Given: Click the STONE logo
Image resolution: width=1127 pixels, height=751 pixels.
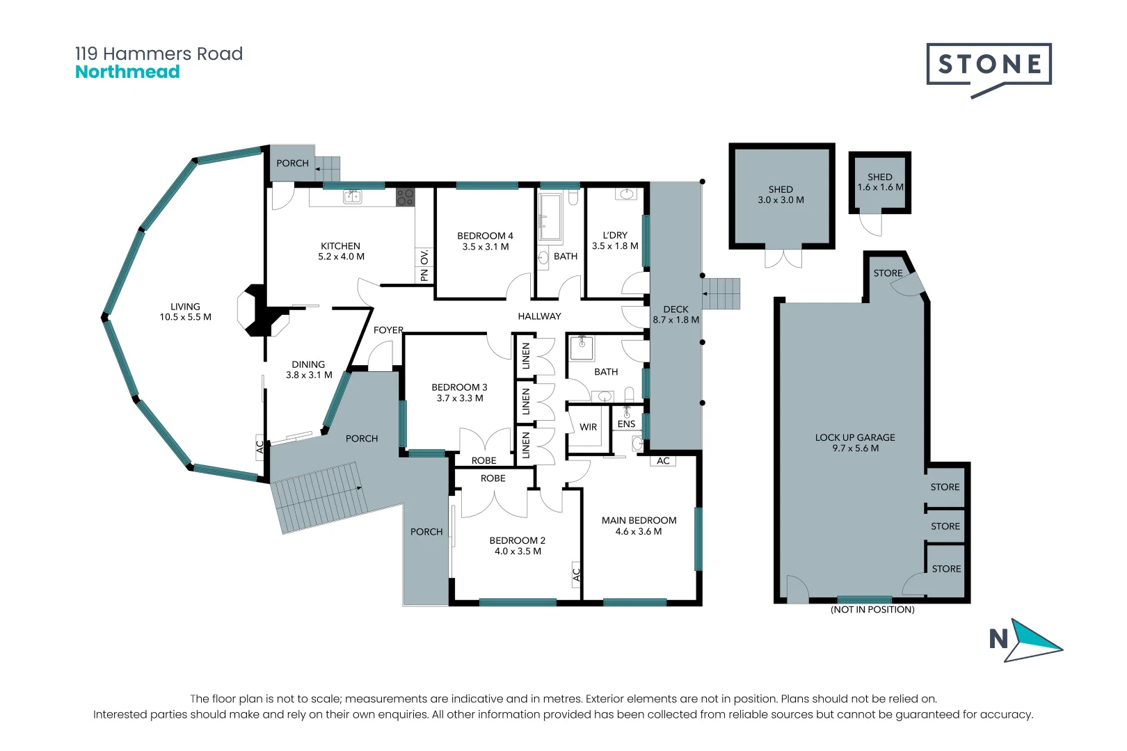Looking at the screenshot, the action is [989, 70].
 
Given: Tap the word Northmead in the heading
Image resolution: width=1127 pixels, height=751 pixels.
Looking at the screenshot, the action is [127, 72].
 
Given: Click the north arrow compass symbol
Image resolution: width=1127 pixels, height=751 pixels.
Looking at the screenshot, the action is [1026, 640].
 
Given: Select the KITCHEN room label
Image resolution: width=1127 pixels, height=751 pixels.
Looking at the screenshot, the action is [341, 246].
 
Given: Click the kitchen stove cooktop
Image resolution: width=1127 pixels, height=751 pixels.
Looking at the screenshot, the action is [405, 197].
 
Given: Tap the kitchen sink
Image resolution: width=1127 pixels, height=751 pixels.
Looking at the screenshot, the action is [352, 196].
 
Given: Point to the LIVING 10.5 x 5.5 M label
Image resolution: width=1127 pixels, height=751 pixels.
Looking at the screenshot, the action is [185, 312].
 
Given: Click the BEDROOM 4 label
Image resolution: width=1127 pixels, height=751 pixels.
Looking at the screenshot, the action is [485, 236].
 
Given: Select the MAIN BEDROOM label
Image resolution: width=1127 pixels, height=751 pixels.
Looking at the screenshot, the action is [639, 521].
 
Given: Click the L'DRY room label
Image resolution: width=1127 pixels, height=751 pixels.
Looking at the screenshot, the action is [615, 236].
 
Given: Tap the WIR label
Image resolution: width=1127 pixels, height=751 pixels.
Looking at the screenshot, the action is [588, 427].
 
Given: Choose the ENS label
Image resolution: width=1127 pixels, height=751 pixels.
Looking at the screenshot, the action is [626, 424].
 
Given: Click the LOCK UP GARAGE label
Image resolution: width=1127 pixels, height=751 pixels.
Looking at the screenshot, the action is [855, 437].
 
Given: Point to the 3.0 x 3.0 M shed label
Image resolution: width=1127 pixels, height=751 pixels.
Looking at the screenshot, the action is [781, 200].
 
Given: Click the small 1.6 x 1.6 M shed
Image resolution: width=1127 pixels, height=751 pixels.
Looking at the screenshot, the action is [880, 183].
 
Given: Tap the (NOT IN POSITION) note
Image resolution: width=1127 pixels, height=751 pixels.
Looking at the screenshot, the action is [872, 610].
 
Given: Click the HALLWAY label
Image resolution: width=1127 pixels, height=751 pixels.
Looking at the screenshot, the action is [539, 316].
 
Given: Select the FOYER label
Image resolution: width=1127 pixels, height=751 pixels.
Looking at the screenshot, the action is [388, 330].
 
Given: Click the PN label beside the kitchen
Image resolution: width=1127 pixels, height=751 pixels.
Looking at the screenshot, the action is [424, 275].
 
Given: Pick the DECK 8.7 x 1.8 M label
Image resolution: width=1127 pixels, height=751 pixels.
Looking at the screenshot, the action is [676, 314].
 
